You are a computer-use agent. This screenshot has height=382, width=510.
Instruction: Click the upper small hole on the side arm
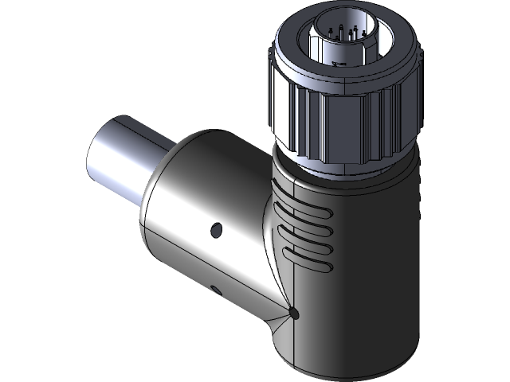[215, 230]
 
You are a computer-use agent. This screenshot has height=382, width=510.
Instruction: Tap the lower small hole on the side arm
[216, 287]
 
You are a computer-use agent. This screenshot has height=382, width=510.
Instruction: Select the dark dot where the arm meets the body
[295, 314]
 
